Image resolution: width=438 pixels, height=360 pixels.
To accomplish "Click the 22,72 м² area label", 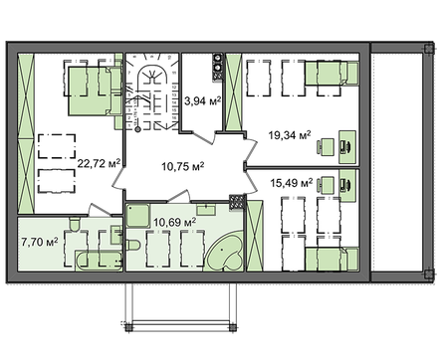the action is tap(99, 163).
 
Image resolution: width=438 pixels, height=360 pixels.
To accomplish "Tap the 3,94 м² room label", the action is tap(202, 101).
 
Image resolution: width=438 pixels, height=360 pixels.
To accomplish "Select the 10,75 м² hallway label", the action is tap(183, 166).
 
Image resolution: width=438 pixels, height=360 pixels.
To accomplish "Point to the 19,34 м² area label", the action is tap(290, 135).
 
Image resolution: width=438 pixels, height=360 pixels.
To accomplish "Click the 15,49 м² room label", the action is tap(292, 183).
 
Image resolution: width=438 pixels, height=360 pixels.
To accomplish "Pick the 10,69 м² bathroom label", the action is tap(174, 222).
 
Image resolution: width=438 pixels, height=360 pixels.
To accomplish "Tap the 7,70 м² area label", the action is tap(40, 242).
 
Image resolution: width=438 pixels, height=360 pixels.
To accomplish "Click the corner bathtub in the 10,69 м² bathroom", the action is tap(224, 252).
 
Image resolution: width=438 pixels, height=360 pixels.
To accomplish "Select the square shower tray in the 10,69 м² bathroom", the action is tap(137, 216).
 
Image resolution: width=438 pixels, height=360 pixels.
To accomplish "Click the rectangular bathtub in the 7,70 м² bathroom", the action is tap(99, 262).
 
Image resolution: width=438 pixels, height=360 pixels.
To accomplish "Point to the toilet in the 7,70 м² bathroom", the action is tap(74, 223).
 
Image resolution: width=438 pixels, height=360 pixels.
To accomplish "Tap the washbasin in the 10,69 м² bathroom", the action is tap(206, 210).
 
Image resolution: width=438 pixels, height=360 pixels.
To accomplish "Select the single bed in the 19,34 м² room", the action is tap(331, 73).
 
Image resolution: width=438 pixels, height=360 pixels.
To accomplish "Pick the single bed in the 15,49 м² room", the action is tap(331, 260).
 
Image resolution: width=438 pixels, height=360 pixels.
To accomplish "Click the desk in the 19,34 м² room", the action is tap(347, 147).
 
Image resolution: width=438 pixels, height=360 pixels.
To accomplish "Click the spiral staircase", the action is tap(152, 92).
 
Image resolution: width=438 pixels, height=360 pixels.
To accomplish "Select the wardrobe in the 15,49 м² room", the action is tap(255, 236).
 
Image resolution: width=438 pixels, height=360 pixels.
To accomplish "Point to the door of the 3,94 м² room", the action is tap(204, 137).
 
